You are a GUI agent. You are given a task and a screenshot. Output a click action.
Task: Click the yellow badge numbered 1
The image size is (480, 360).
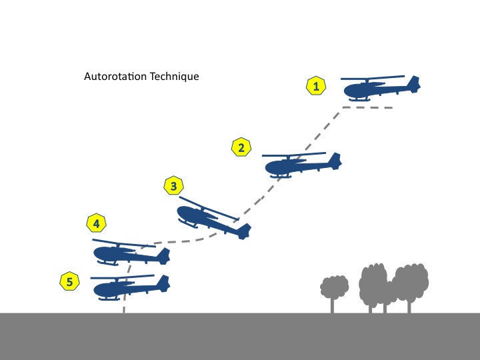[316, 86]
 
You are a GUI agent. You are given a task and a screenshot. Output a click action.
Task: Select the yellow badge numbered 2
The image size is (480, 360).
[241, 148]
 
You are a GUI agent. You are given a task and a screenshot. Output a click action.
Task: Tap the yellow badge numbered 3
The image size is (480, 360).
[173, 187]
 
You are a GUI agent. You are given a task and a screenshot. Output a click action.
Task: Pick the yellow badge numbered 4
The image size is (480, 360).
[97, 223]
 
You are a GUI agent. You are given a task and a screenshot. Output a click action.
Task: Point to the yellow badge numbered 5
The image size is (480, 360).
[69, 282]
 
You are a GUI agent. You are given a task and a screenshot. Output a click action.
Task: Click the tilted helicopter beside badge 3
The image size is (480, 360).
[210, 218]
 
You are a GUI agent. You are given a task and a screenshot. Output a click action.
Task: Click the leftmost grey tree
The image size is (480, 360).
[334, 287]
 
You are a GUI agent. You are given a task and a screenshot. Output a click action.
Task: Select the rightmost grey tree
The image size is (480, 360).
[410, 280]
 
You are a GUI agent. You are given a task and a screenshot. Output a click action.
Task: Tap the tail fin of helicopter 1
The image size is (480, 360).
[414, 84]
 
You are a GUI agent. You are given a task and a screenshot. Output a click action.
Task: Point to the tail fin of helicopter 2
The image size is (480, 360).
[335, 160]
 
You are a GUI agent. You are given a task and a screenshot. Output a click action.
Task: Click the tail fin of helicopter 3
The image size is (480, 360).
[244, 230]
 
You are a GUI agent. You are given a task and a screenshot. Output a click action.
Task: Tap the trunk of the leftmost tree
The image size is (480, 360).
[333, 304]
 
